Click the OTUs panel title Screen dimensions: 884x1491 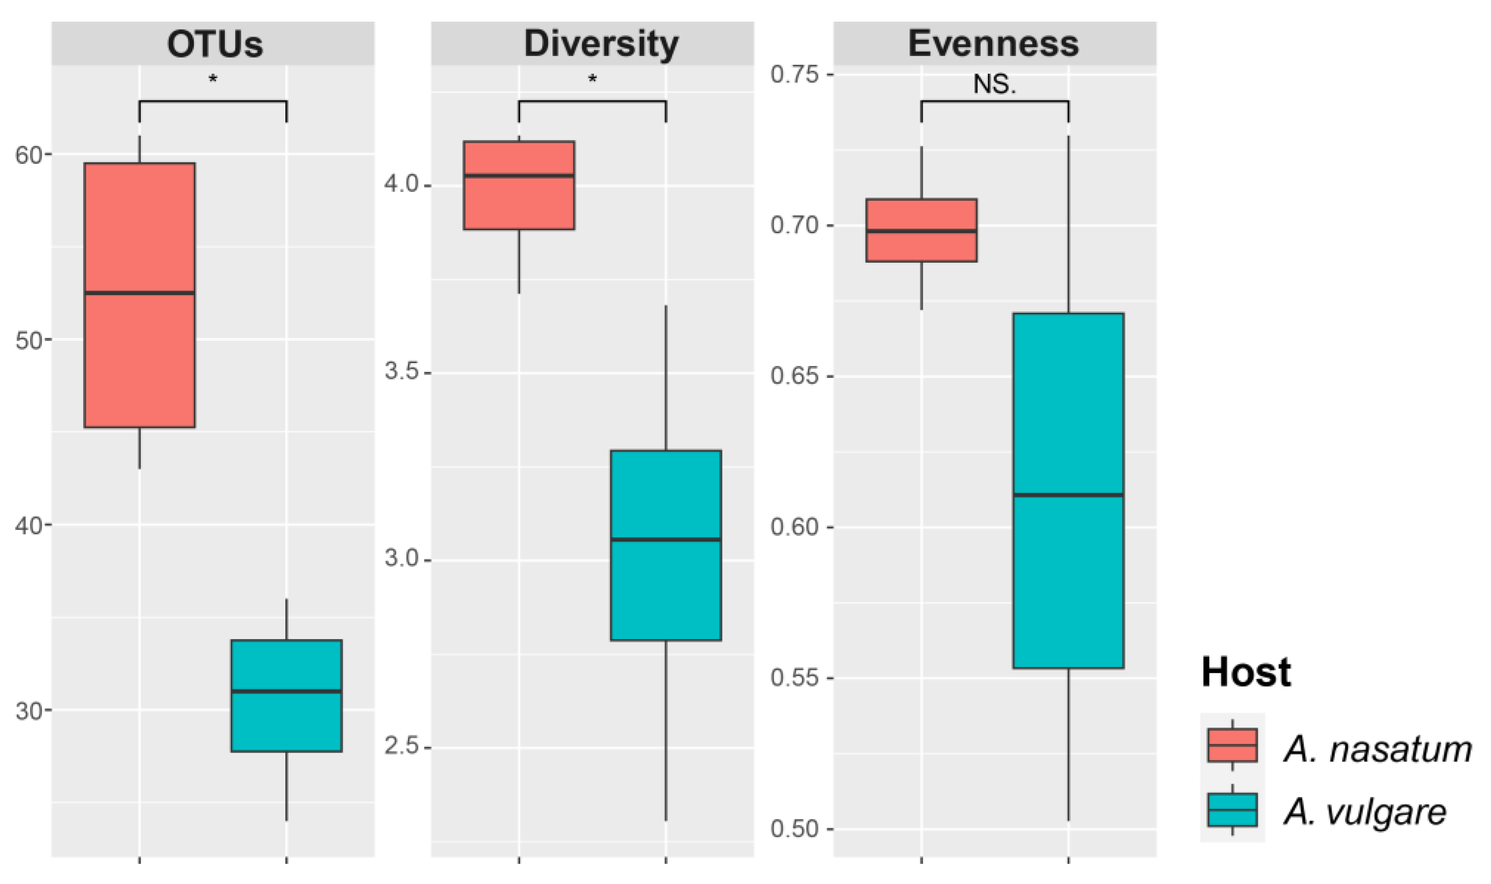click(214, 44)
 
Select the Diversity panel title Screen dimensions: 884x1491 click(601, 44)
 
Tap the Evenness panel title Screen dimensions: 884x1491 click(993, 44)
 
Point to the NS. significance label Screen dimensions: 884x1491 click(994, 85)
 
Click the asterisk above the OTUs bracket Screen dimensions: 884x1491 click(213, 79)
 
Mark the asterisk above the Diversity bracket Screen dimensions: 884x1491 click(592, 79)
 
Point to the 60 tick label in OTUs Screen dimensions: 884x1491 click(29, 155)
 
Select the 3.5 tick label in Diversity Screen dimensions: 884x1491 click(401, 372)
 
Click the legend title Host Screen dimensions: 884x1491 click(1246, 672)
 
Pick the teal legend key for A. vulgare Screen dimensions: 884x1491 click(1232, 810)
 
